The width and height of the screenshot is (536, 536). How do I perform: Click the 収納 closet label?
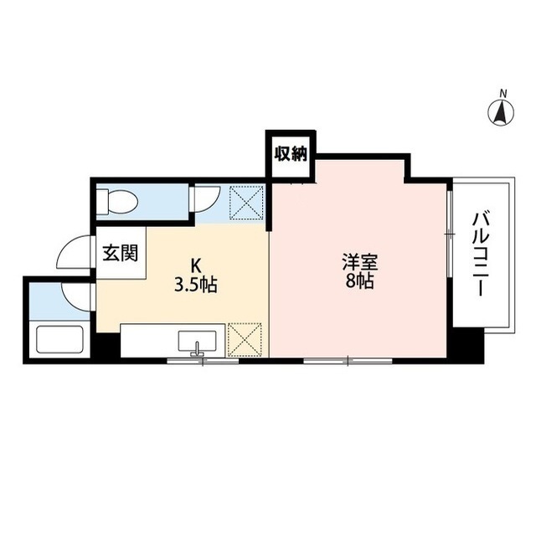291,154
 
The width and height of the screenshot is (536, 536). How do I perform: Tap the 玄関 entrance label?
121,253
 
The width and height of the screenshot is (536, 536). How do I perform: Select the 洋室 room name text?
359,263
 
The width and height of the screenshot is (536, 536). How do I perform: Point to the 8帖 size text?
359,281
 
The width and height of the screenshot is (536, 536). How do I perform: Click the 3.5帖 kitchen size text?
196,285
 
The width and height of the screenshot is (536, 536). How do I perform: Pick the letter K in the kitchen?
195,265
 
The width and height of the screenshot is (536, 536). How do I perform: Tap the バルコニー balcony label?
478,254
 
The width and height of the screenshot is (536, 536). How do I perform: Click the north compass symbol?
501,111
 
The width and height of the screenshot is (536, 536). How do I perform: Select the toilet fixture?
117,202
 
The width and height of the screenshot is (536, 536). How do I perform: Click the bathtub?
59,340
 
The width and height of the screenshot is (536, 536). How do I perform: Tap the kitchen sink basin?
198,341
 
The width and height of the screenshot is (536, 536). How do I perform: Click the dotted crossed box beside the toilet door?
247,203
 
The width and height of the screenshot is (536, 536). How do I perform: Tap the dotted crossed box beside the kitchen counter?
245,339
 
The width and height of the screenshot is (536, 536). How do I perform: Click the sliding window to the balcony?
450,234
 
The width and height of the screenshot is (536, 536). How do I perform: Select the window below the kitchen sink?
203,360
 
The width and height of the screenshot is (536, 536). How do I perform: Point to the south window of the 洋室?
348,360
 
